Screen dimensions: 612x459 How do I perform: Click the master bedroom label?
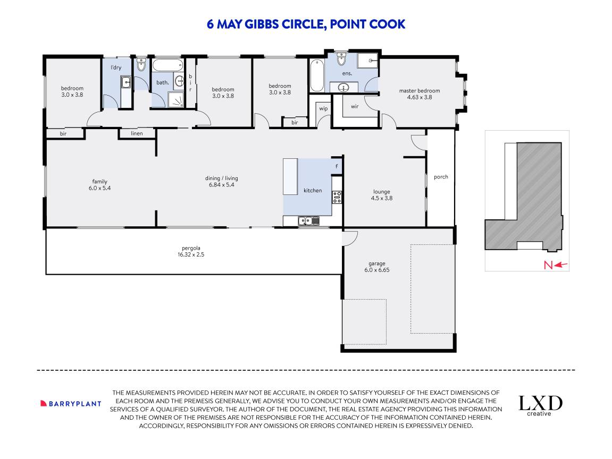(x=419, y=90)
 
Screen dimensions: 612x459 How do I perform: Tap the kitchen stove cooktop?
(x=337, y=197)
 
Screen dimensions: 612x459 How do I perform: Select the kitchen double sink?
(x=309, y=221)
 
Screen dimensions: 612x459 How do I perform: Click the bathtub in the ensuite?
(x=316, y=75)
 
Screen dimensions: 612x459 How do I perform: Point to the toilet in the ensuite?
(x=341, y=59)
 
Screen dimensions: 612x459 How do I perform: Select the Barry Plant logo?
(x=71, y=404)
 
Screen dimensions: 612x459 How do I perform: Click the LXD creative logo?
(x=540, y=405)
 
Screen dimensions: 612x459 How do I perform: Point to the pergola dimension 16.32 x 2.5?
(x=191, y=254)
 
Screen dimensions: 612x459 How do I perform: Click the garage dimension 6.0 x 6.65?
(x=376, y=270)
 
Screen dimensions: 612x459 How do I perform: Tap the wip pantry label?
(x=324, y=108)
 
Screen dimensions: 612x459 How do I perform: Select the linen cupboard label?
(x=137, y=133)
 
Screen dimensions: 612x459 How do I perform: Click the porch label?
(x=441, y=177)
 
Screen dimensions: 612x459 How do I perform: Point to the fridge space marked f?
(x=337, y=166)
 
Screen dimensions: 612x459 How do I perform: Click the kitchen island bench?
(x=290, y=176)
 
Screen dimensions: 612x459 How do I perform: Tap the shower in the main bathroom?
(x=176, y=99)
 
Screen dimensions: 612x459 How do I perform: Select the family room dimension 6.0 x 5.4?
(x=99, y=188)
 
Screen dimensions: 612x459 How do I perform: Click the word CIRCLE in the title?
(x=304, y=24)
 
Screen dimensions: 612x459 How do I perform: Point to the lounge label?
(x=381, y=191)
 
